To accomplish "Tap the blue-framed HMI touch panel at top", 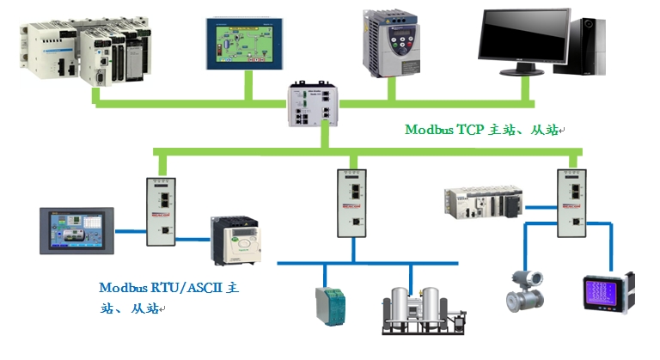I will tap(246, 40).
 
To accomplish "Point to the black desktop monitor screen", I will tap(525, 37).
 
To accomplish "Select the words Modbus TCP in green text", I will tap(445, 130).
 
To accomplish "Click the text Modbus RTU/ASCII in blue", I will tap(160, 288).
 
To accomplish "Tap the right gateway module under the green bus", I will tap(571, 203).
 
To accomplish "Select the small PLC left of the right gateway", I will tap(482, 202).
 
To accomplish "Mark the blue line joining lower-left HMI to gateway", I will tap(131, 230).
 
